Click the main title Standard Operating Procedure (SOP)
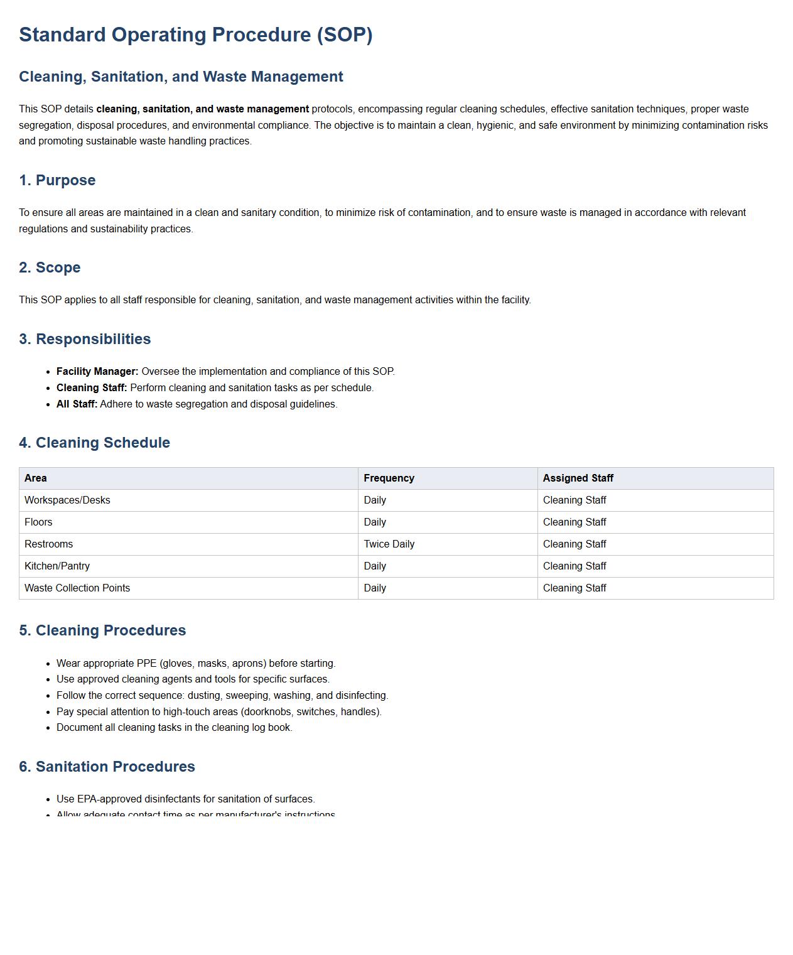pos(195,35)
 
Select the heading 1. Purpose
pos(57,180)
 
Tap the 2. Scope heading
pos(50,267)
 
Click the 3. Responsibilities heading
pos(85,339)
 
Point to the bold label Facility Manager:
pos(97,372)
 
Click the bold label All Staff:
pos(77,404)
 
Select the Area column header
pos(36,478)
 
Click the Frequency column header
pos(389,478)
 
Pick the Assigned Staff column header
pos(578,478)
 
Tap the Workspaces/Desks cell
pos(67,500)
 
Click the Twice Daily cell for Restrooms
pos(389,544)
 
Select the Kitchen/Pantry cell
pos(57,566)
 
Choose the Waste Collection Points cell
pos(77,588)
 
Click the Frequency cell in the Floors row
pos(375,522)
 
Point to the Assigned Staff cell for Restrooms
pos(575,544)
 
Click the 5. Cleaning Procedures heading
pos(102,630)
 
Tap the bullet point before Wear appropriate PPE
pos(48,664)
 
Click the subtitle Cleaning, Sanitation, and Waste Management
pos(181,77)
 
